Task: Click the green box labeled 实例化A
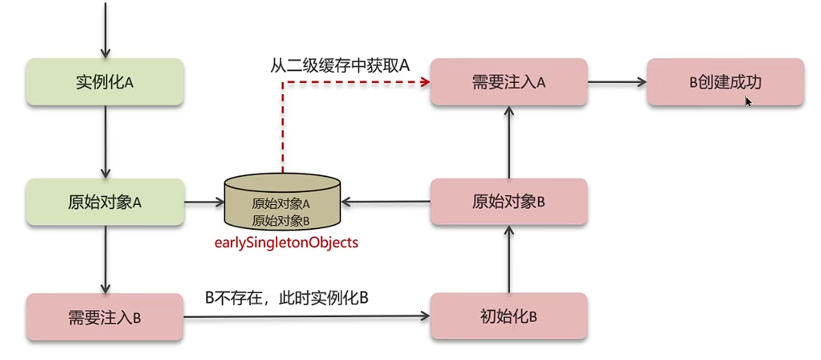(105, 81)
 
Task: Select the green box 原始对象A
(105, 202)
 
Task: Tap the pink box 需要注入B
(105, 316)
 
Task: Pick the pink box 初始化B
(508, 316)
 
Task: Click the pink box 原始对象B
(508, 202)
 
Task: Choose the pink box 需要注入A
(508, 81)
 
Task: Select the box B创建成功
(725, 81)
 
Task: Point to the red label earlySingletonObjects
(285, 243)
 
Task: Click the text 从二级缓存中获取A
(340, 65)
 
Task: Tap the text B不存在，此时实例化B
(286, 297)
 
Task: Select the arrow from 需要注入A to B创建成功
(618, 81)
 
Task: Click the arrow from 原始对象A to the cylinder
(205, 202)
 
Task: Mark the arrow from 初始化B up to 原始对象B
(508, 259)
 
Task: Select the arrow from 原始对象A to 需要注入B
(105, 259)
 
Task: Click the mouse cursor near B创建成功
(749, 102)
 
